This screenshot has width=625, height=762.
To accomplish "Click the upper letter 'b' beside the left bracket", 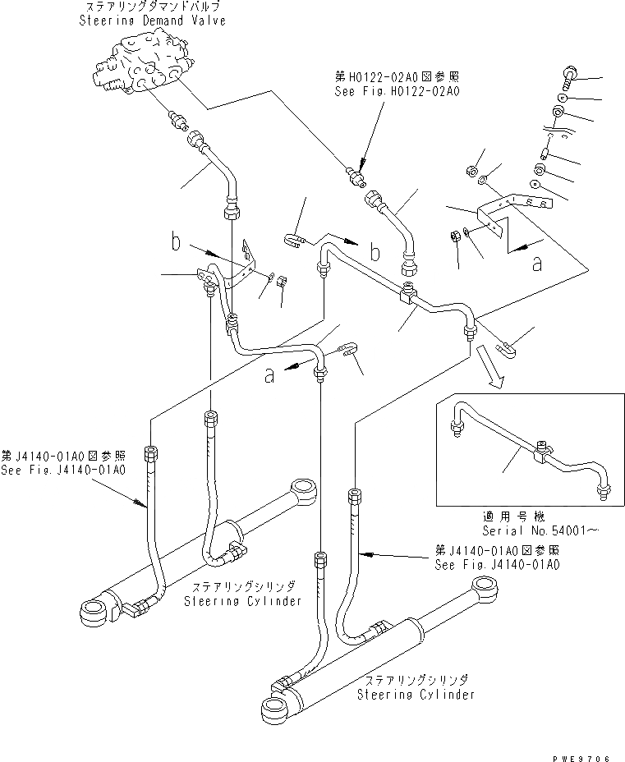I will click(175, 242).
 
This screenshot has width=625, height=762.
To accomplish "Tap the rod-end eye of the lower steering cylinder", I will click(486, 590).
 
